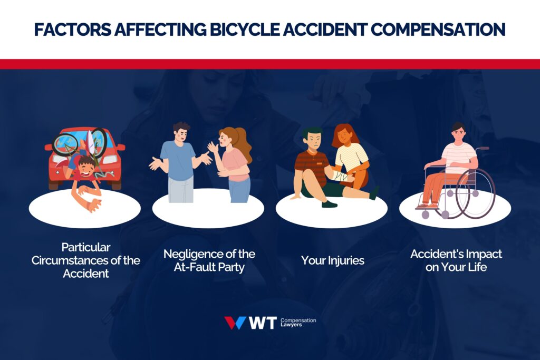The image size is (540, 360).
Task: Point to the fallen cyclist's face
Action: tap(87, 167)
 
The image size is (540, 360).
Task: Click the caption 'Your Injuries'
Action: tap(332, 260)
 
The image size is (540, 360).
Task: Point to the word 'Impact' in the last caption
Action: tap(480, 254)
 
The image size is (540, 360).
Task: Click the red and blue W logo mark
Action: tap(235, 323)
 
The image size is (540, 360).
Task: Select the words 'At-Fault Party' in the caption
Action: tap(209, 267)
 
